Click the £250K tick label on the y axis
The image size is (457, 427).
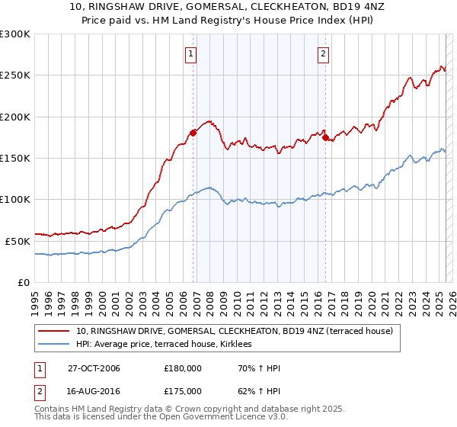pyautogui.click(x=15, y=75)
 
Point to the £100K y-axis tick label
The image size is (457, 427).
pyautogui.click(x=15, y=199)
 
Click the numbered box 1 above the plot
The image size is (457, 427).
pyautogui.click(x=190, y=53)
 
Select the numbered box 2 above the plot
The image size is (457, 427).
pyautogui.click(x=324, y=53)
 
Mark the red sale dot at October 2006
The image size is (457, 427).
pyautogui.click(x=193, y=133)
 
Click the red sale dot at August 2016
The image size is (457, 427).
pyautogui.click(x=325, y=137)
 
